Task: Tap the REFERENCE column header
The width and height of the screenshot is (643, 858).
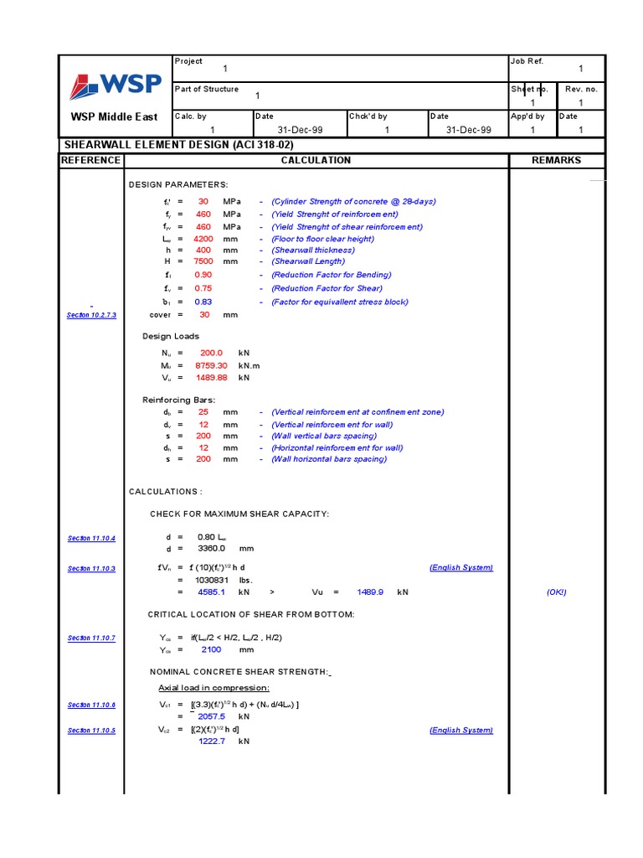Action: pos(91,160)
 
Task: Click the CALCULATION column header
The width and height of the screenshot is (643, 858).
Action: pos(316,160)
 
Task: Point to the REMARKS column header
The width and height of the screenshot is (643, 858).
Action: pos(556,160)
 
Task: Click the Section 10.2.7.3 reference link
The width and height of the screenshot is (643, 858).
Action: pos(91,315)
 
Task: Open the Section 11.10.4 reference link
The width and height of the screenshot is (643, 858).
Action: pos(91,538)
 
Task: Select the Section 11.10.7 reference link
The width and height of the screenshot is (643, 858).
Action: pos(91,638)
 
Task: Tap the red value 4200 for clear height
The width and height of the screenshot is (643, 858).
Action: pos(203,239)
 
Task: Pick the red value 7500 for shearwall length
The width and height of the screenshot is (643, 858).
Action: pos(203,261)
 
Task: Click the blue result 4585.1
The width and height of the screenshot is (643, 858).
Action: pos(211,592)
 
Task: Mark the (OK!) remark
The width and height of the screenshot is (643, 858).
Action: pos(556,592)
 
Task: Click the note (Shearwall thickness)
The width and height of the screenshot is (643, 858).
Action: pos(312,250)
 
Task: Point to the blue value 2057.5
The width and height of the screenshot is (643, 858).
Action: pos(211,717)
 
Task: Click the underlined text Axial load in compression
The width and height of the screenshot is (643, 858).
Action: pos(213,688)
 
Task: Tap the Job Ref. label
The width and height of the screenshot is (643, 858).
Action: pos(527,62)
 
